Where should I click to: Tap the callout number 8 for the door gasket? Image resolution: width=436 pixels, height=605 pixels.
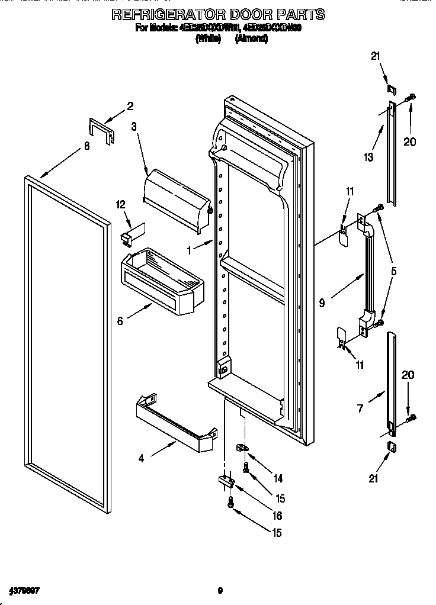click(87, 146)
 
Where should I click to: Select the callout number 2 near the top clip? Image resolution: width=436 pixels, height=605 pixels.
click(130, 107)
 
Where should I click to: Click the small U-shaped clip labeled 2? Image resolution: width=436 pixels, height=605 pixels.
click(100, 130)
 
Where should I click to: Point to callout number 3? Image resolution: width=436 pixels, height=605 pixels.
click(134, 126)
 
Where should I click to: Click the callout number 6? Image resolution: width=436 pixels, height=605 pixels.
click(120, 321)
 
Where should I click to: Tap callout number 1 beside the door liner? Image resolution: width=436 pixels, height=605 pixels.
click(190, 250)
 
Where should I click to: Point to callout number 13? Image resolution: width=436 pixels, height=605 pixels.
click(368, 156)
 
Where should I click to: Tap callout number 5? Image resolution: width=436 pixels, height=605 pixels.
click(393, 271)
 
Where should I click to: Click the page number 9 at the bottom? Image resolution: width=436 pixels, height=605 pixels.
click(220, 590)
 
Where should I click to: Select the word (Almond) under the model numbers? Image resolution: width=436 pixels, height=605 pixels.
click(252, 39)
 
